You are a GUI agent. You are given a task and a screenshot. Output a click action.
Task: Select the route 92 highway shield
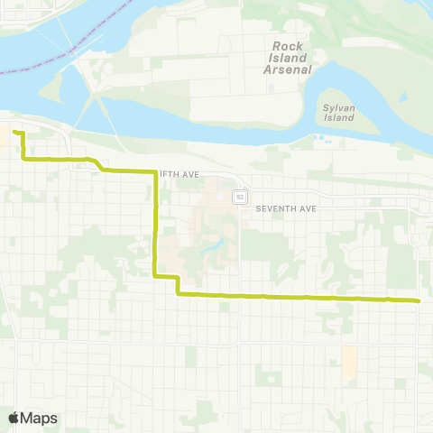[239, 196]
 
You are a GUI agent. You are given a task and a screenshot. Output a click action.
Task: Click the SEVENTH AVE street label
[286, 208]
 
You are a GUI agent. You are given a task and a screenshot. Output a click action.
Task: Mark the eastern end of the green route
[419, 300]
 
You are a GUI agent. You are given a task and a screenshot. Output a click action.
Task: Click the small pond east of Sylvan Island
[321, 139]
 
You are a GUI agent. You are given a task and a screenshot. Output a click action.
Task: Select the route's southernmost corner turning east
[179, 294]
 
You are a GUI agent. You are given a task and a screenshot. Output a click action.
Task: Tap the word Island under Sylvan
[339, 117]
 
